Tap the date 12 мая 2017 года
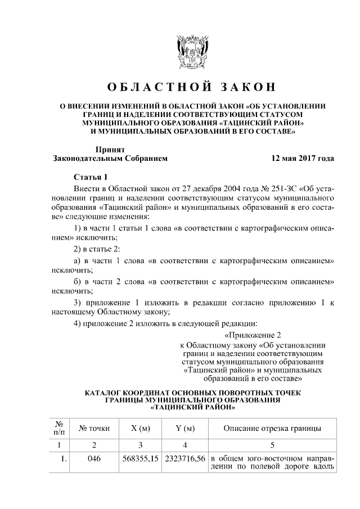click(x=303, y=159)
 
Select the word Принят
click(x=110, y=149)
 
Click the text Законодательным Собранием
click(x=110, y=159)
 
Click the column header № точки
click(x=94, y=429)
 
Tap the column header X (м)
click(x=140, y=429)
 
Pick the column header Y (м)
click(x=185, y=429)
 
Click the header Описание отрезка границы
click(x=272, y=429)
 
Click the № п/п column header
click(x=58, y=428)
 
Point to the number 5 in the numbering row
click(x=272, y=445)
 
